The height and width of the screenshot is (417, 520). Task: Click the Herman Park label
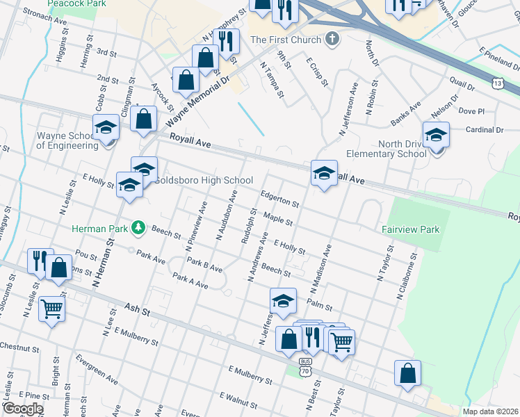pos(101,228)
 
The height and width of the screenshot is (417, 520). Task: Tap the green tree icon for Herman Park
pos(139,227)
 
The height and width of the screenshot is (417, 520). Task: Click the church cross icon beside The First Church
pos(333,38)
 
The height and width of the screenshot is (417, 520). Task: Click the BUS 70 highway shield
pos(305,367)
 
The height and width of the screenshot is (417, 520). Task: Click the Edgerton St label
pos(280,199)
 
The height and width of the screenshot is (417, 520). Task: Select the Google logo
pos(23,409)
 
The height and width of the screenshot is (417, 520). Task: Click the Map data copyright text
pos(490,411)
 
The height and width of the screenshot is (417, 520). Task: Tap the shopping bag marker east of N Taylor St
pos(407,373)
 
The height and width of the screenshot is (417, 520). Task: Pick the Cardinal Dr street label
pos(485,129)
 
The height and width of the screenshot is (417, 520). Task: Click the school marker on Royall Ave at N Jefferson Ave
pos(324,174)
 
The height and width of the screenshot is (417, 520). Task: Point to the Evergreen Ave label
pos(97,370)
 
